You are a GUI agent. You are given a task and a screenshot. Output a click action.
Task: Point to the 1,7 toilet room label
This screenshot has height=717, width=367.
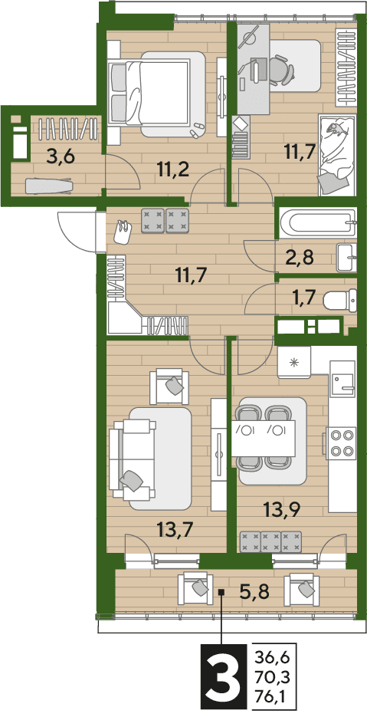tap(303, 300)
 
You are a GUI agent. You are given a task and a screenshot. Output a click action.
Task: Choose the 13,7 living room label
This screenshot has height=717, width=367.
tap(173, 530)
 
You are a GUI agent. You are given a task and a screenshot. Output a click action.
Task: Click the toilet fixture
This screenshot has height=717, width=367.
tap(339, 301)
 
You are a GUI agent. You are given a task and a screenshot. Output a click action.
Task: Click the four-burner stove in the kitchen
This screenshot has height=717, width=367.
tap(342, 442)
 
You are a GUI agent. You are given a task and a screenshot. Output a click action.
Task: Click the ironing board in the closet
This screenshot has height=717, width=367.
tap(49, 186)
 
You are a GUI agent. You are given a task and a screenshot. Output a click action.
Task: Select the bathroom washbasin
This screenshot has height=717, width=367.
tap(347, 258)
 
